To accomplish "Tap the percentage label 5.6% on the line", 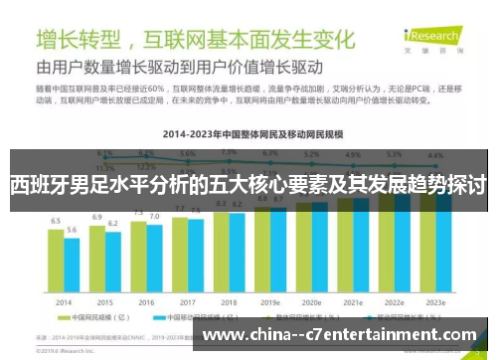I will (x=188, y=155).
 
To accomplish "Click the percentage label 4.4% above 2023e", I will (x=435, y=156).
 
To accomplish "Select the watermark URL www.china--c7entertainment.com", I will (x=339, y=335).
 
